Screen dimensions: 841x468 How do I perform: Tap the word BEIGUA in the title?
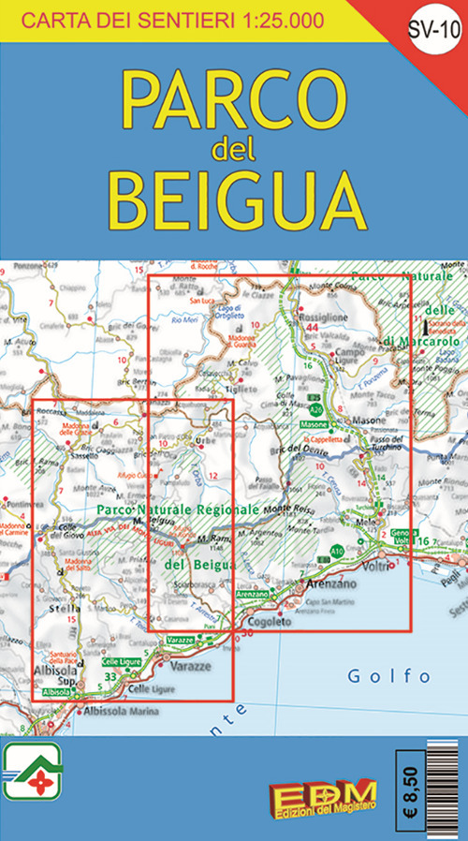234,194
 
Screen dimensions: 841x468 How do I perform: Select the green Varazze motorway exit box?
179,639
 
